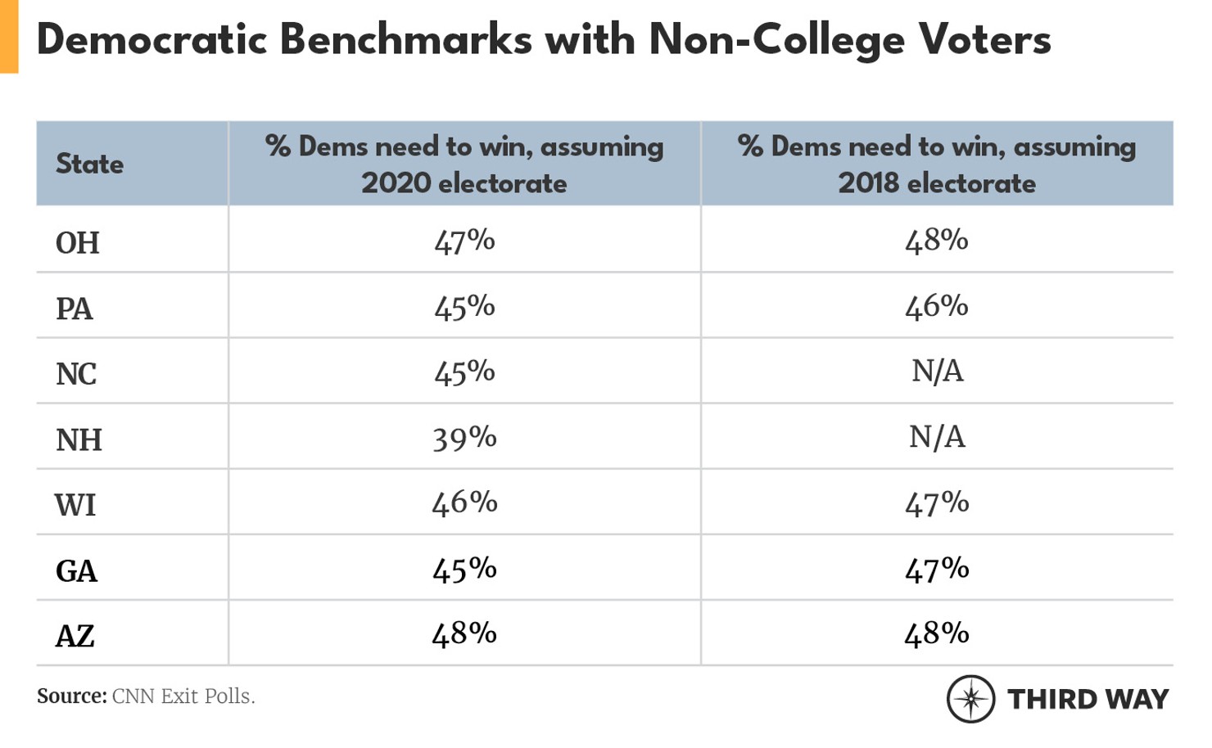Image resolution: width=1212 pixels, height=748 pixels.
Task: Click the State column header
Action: pos(89,164)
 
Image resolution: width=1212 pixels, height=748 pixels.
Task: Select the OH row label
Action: pos(78,243)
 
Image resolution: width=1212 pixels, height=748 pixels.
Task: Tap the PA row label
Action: pos(75,309)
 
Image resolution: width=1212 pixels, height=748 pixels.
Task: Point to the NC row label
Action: pos(76,374)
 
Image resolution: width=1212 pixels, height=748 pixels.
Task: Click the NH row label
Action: pos(79,439)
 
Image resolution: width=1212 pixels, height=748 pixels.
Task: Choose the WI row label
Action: pos(75,505)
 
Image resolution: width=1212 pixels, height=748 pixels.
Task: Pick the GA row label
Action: pos(76,570)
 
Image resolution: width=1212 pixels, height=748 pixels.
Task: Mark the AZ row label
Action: pos(75,636)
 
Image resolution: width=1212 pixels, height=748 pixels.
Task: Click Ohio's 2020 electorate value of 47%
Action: pos(464,241)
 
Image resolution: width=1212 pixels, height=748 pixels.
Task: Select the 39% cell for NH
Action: pos(464,438)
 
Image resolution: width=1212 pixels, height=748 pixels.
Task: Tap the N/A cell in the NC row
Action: pos(937,372)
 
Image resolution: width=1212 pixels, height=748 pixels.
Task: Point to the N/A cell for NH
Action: pos(937,437)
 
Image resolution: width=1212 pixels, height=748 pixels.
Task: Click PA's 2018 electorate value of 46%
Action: pos(937,306)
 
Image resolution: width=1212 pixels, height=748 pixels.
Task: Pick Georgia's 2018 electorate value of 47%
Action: pos(937,569)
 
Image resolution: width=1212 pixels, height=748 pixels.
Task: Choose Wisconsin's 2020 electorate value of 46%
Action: pos(464,502)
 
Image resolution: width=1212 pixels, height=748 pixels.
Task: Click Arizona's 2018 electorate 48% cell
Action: pos(937,634)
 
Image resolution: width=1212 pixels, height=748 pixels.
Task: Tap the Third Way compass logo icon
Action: pos(970,699)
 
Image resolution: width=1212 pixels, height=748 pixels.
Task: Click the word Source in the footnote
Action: pos(71,696)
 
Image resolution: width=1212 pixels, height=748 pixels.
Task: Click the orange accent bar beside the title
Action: pos(8,37)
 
